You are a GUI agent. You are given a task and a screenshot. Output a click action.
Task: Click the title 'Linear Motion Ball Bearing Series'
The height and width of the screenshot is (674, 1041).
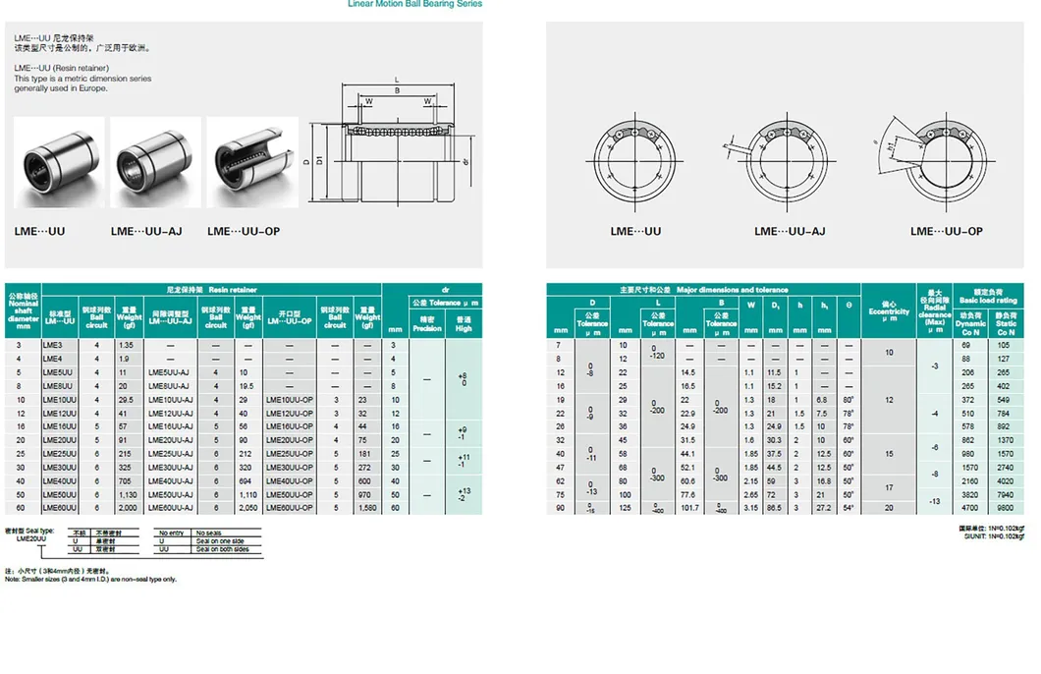click(415, 4)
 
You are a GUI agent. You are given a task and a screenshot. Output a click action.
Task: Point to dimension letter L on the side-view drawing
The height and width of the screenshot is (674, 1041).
click(397, 79)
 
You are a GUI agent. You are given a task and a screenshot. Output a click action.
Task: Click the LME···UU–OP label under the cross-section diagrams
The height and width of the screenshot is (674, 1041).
click(946, 231)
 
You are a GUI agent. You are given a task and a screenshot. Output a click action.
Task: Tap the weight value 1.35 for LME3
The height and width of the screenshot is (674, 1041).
click(126, 345)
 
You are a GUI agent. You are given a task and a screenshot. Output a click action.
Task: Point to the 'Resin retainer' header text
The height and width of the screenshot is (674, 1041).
click(232, 290)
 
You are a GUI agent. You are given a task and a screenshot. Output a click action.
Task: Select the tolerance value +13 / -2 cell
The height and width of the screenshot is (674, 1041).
click(464, 495)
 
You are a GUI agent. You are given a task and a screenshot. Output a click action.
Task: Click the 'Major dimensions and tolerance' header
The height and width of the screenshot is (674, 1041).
click(703, 290)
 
